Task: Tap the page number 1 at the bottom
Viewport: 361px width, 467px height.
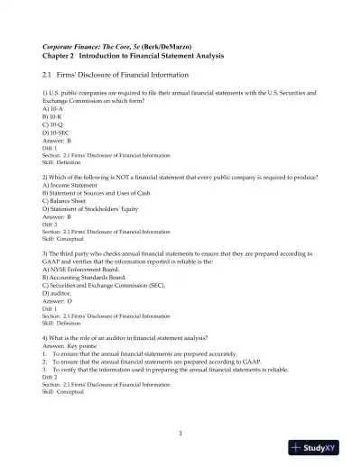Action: coord(180,434)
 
